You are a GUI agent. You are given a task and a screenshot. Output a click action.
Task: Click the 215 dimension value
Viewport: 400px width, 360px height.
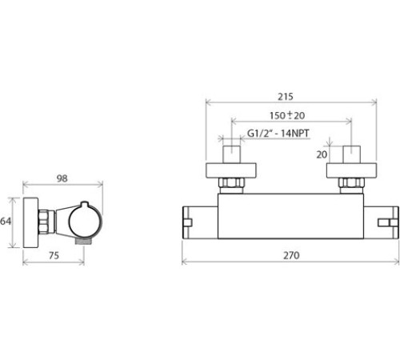pyautogui.click(x=286, y=97)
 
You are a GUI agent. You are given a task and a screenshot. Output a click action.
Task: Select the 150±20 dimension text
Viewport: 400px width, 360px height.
pyautogui.click(x=287, y=115)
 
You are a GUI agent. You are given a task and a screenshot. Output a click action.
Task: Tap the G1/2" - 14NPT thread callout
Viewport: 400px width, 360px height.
pyautogui.click(x=278, y=133)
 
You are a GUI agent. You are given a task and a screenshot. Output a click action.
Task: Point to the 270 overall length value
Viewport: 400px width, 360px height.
pyautogui.click(x=291, y=255)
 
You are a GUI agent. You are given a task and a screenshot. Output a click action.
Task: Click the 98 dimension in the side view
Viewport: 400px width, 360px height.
pyautogui.click(x=62, y=178)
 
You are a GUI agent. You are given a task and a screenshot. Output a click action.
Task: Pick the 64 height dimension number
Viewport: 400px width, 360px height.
pyautogui.click(x=6, y=221)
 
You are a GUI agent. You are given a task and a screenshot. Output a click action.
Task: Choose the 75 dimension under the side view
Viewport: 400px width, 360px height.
pyautogui.click(x=54, y=255)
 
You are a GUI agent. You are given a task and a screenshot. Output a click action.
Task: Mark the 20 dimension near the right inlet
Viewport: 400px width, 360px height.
pyautogui.click(x=322, y=154)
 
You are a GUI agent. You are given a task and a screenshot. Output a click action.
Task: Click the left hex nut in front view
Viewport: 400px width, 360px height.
pyautogui.click(x=231, y=183)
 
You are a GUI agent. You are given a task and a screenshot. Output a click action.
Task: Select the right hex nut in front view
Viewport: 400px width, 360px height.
pyautogui.click(x=351, y=183)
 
